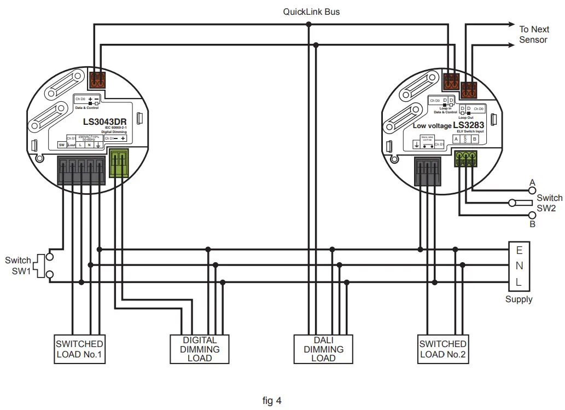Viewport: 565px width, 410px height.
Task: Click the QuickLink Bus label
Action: pos(311,11)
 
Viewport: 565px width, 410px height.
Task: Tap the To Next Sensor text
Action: pos(533,34)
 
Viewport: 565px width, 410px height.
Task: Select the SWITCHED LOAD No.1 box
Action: pos(79,349)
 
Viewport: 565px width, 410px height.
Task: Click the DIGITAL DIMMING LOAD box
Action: pos(200,349)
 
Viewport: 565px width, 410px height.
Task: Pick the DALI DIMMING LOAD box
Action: pos(323,349)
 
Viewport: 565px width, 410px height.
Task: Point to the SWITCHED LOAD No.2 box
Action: pos(442,349)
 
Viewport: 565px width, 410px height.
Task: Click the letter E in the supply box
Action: pos(519,251)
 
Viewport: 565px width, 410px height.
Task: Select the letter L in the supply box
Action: pos(519,282)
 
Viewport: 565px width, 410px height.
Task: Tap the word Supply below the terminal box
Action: pos(519,299)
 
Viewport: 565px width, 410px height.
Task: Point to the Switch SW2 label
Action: pos(549,203)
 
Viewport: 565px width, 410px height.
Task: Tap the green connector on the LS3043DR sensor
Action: pos(119,165)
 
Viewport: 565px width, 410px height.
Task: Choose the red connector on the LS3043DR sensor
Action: pos(97,80)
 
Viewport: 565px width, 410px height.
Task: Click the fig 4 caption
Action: pos(272,401)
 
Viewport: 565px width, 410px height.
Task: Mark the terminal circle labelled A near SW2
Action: pos(531,190)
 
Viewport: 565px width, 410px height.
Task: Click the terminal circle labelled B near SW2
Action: pos(531,215)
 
